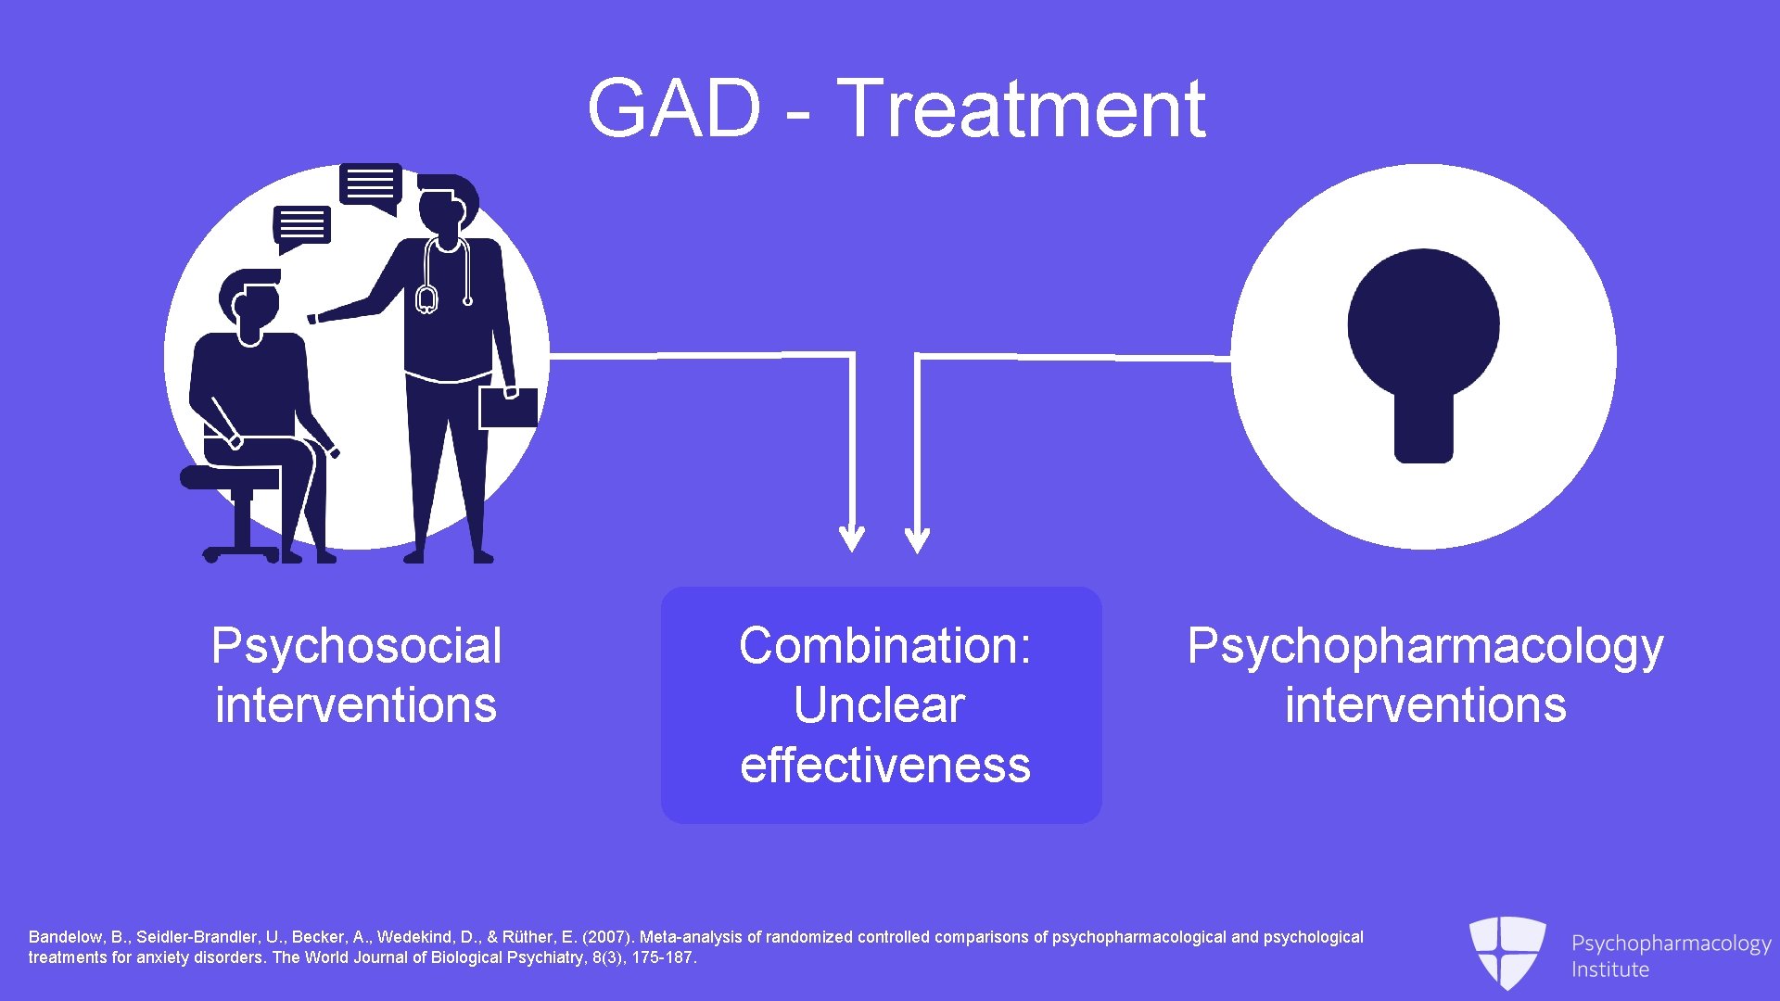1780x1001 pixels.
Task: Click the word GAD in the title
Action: [x=674, y=108]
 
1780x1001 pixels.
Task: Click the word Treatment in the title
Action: [x=1021, y=108]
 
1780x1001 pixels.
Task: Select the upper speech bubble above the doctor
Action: [x=371, y=185]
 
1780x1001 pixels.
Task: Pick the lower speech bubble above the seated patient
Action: [x=302, y=226]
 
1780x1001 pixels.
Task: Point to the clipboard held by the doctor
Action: [x=508, y=408]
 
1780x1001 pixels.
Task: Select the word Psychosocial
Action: [x=356, y=646]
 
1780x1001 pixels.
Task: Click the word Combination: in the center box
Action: [x=884, y=646]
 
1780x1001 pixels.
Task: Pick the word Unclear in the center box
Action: [x=879, y=705]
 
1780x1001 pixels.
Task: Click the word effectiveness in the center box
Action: [x=884, y=766]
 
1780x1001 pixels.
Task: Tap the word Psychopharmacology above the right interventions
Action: [x=1425, y=646]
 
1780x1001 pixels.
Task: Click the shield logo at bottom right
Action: [x=1507, y=951]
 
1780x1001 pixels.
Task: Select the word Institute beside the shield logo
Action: [x=1609, y=969]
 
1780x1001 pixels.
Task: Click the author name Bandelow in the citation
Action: [x=65, y=937]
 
